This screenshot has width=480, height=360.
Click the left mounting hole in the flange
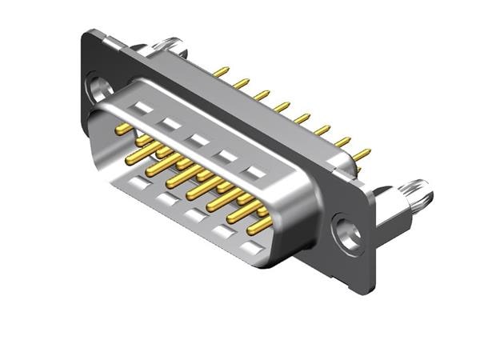tap(99, 86)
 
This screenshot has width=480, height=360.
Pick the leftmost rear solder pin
tap(222, 72)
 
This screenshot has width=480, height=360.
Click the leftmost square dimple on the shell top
tap(143, 106)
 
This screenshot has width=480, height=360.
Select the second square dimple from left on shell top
tap(170, 123)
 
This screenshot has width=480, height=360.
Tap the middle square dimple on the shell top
tap(197, 139)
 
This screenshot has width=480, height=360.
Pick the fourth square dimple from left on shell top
tap(226, 156)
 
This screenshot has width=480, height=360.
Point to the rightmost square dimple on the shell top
tap(255, 172)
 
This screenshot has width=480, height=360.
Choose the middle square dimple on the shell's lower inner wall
tap(193, 214)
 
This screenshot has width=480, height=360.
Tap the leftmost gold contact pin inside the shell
tap(123, 128)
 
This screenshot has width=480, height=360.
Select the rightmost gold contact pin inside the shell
tap(258, 226)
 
